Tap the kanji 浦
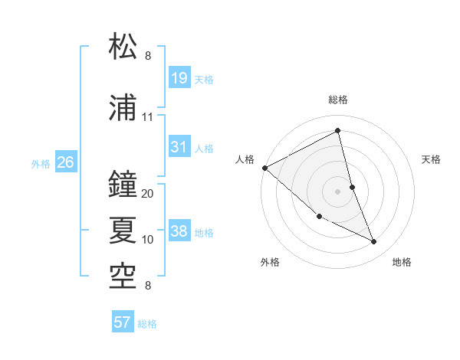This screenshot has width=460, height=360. point(125,107)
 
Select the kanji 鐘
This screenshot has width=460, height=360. point(125,184)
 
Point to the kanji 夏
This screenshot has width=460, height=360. point(125,228)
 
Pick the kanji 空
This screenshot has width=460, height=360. point(125,275)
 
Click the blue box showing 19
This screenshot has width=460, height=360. point(179,78)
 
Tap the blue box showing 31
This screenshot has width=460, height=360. point(179,147)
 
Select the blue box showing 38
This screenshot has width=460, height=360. point(179,231)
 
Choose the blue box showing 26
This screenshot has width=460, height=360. point(65,162)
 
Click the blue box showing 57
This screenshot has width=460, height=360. point(122,322)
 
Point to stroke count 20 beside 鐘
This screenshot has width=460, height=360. point(148,194)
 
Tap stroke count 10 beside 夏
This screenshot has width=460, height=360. point(148,240)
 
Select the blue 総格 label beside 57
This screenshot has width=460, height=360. point(147,324)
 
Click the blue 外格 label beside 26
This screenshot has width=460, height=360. point(40,163)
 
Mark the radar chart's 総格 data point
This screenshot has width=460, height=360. point(338,130)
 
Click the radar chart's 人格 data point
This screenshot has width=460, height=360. point(264,168)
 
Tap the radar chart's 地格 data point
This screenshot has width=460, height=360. point(374,242)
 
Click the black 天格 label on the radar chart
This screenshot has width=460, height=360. point(432,159)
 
